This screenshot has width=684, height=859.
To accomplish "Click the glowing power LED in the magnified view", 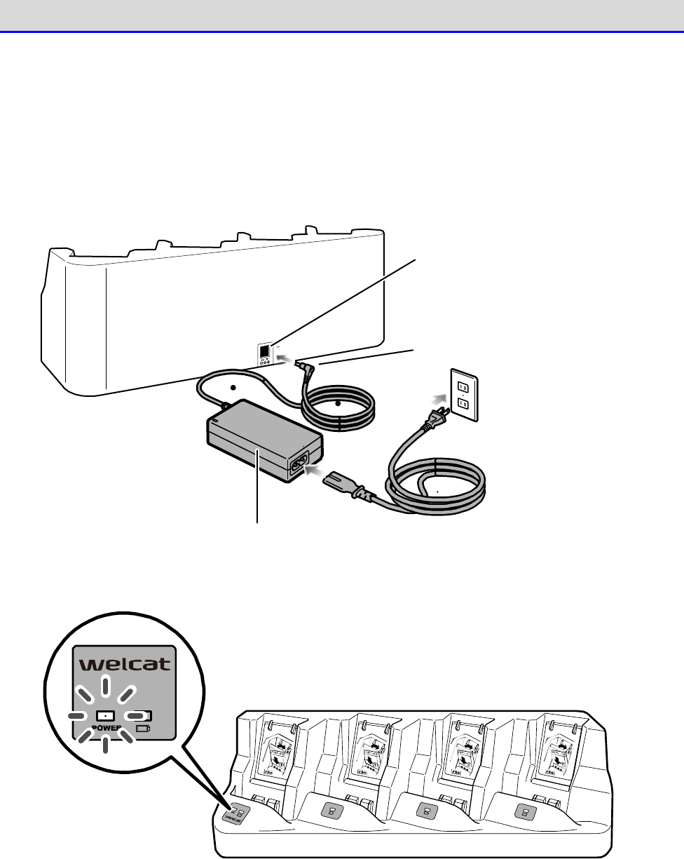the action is coord(104,716).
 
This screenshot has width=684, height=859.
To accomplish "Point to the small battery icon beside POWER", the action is coord(143,729).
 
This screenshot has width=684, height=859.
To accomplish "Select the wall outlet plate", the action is coord(462,396).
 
